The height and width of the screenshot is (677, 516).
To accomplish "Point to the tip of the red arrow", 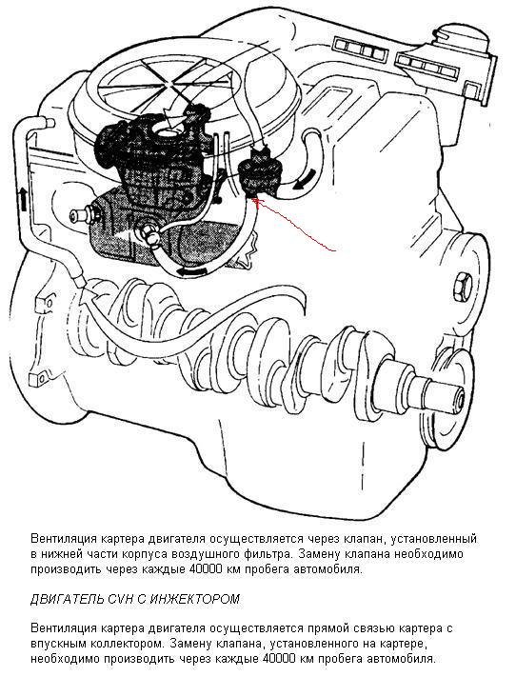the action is pyautogui.click(x=255, y=198).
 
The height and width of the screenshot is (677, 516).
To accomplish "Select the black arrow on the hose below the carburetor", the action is pyautogui.click(x=191, y=271).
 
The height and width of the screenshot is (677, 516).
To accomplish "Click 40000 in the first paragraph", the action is pyautogui.click(x=204, y=569).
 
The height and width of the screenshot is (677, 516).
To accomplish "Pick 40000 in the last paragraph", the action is pyautogui.click(x=277, y=659).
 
